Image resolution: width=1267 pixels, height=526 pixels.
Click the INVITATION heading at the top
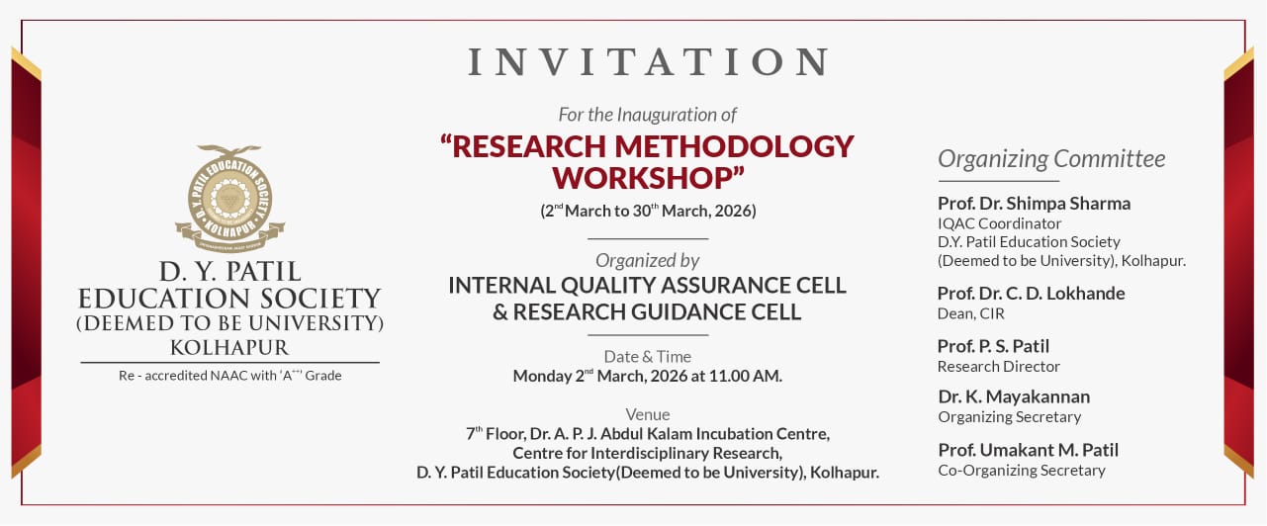(648, 61)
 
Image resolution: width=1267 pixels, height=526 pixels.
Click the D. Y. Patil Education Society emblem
(229, 198)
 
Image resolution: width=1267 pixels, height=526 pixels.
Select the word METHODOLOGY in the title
(734, 146)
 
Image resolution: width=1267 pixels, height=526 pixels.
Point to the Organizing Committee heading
(1051, 159)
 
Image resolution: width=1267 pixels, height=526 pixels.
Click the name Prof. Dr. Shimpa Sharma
(1034, 203)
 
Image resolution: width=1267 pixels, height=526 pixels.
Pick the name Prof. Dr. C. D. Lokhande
(1032, 293)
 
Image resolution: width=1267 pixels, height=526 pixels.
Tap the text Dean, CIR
(970, 313)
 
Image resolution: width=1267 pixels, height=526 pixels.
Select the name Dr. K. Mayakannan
(1014, 396)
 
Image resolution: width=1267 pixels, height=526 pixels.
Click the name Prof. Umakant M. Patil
(1029, 450)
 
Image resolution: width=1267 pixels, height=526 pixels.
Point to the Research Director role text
(998, 367)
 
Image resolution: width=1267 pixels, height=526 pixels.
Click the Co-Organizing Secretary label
(1022, 471)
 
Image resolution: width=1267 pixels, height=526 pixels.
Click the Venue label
(648, 414)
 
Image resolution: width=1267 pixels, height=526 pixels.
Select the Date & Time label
(648, 356)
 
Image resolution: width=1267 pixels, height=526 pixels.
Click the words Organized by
(648, 261)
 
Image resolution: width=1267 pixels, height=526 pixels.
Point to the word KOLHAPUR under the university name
(229, 347)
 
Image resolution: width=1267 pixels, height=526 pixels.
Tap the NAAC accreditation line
(229, 376)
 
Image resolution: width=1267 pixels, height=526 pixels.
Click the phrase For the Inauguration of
(648, 115)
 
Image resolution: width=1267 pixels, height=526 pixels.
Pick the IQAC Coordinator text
(1000, 223)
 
